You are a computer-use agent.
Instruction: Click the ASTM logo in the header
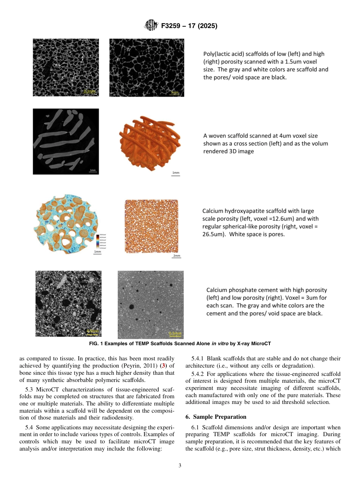[151, 26]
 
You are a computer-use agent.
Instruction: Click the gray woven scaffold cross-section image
[66, 141]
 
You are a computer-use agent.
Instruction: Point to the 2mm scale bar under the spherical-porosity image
[177, 257]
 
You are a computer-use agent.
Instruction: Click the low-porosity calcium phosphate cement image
[150, 304]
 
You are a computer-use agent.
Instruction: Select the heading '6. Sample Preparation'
[216, 417]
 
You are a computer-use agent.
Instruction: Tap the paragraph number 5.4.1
[198, 358]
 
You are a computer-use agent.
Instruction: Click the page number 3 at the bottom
[180, 466]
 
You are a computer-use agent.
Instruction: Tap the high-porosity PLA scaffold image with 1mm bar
[147, 67]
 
